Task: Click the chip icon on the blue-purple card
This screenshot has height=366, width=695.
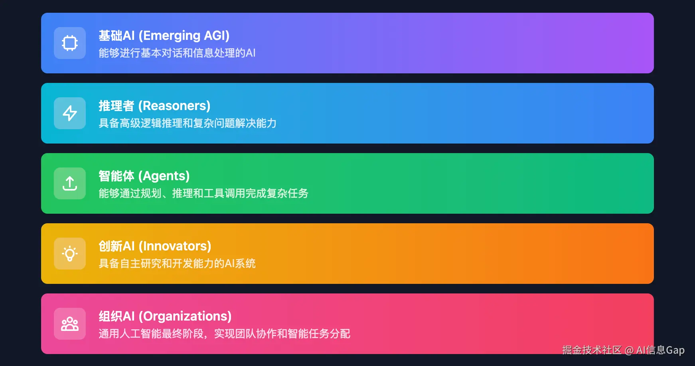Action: point(70,43)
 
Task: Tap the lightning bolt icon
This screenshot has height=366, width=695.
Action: point(70,113)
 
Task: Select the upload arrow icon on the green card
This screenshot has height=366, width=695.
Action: point(70,183)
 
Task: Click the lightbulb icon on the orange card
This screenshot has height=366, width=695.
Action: point(70,254)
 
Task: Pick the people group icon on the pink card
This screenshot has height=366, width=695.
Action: point(70,324)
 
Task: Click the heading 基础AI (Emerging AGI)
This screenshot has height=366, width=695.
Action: point(164,36)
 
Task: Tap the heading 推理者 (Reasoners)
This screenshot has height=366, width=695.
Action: point(154,106)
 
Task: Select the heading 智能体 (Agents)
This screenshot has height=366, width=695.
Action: point(144,176)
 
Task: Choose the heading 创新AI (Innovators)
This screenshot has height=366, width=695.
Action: point(155,246)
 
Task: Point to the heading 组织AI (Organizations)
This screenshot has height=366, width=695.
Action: point(165,317)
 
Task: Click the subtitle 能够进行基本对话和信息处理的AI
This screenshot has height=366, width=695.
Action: point(177,53)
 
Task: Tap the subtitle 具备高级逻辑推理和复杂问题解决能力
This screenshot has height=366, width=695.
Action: point(188,123)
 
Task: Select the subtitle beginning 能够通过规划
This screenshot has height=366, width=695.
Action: point(203,193)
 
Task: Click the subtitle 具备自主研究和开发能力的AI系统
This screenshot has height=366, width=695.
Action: point(177,264)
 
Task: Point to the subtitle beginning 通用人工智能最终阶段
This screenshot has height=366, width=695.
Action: point(224,334)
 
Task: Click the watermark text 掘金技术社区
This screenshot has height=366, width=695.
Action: point(592,350)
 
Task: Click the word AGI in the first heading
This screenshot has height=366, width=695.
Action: point(215,36)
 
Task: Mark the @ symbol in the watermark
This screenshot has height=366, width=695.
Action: point(630,350)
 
